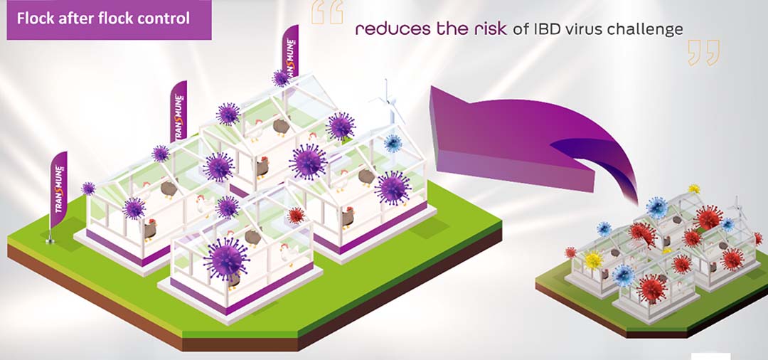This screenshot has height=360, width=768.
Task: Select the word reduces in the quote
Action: point(386,29)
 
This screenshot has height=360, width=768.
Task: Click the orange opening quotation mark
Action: point(327,12)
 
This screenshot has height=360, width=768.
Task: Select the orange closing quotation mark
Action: point(704,53)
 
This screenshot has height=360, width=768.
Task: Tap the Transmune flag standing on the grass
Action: point(58,189)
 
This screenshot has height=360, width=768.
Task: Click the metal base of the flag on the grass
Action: point(50,240)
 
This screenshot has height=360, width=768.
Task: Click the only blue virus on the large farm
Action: point(393,144)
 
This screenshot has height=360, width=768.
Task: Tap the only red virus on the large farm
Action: point(296,216)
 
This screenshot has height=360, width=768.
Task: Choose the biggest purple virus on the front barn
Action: point(226,260)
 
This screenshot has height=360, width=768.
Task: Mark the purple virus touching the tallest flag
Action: point(281,78)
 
